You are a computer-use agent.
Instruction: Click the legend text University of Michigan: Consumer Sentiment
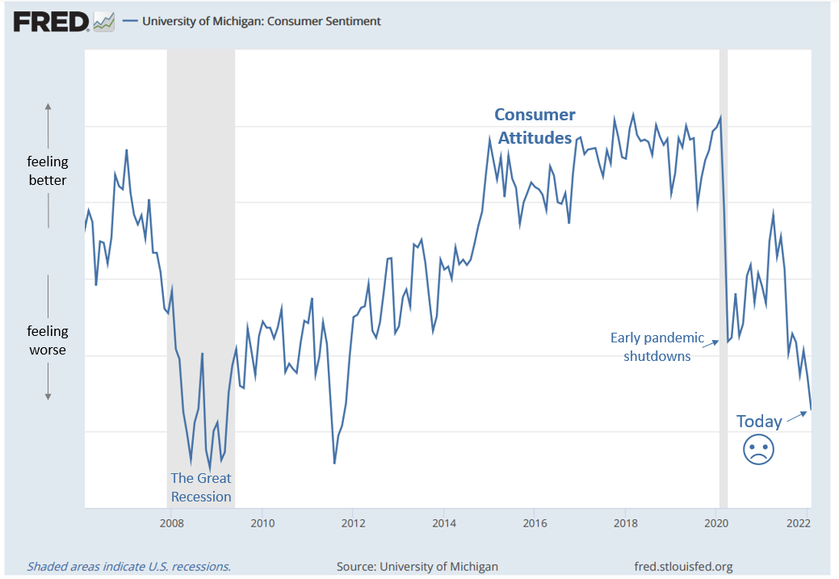(x=261, y=22)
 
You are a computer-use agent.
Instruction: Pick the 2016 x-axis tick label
(x=534, y=523)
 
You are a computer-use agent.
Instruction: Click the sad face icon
(x=758, y=449)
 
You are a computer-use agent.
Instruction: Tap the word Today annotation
(x=759, y=422)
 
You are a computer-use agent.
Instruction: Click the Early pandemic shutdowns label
(x=657, y=347)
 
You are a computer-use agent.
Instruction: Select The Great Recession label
(x=201, y=488)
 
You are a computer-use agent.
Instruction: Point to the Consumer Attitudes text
(x=535, y=127)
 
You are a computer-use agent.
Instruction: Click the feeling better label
(x=48, y=171)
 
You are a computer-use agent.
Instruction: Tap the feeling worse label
(x=48, y=341)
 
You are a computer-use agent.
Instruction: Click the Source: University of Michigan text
(x=417, y=566)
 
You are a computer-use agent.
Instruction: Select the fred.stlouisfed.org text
(x=685, y=566)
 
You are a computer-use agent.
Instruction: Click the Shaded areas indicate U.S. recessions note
(x=129, y=566)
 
